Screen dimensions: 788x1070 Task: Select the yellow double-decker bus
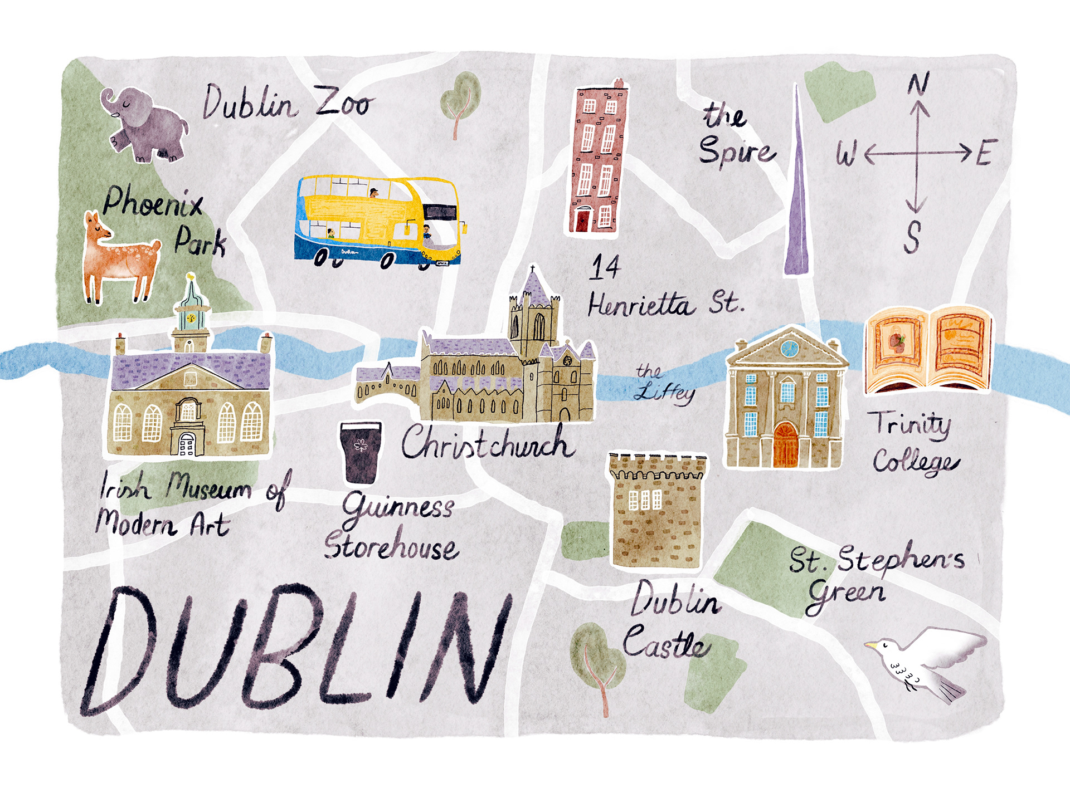pyautogui.click(x=379, y=222)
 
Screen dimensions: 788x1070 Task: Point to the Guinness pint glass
pyautogui.click(x=361, y=452)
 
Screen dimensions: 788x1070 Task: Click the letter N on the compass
pyautogui.click(x=918, y=85)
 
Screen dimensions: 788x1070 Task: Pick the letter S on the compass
pyautogui.click(x=912, y=237)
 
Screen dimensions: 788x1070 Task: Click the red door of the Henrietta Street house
pyautogui.click(x=582, y=219)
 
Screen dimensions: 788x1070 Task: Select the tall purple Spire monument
pyautogui.click(x=797, y=212)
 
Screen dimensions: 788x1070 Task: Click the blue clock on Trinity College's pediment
pyautogui.click(x=789, y=349)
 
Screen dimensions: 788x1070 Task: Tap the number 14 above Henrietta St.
pyautogui.click(x=605, y=267)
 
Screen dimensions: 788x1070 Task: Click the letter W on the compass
pyautogui.click(x=845, y=153)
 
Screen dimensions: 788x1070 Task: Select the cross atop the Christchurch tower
pyautogui.click(x=533, y=270)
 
